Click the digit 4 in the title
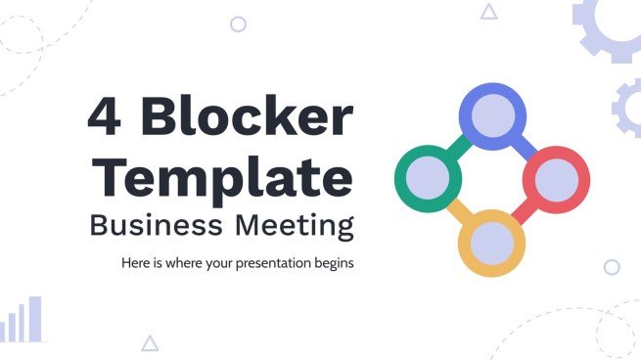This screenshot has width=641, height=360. coord(109,119)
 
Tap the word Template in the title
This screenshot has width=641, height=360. coord(226,179)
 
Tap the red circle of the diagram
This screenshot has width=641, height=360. coord(555,179)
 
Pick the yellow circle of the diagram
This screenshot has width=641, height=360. coord(492,242)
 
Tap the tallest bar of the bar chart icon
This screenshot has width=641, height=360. coord(36,319)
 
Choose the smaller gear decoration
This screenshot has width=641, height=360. coord(629,107)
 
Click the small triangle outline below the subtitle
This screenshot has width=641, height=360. coord(150,343)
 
